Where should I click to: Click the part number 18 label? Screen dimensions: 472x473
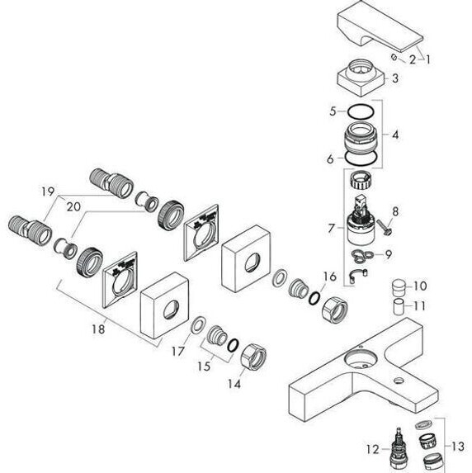click(99, 329)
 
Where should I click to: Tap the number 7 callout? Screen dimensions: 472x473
click(332, 228)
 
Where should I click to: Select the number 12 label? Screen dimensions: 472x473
click(373, 449)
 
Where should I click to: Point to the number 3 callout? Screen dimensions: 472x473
click(395, 78)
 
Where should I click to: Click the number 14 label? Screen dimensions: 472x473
click(234, 384)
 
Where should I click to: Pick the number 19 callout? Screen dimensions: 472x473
click(48, 192)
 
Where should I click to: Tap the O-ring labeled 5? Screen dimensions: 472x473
click(361, 112)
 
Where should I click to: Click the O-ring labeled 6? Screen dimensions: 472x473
click(361, 158)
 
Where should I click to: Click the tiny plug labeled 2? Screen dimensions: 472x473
click(394, 57)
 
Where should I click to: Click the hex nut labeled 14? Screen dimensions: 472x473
click(253, 357)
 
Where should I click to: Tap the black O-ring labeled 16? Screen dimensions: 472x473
click(314, 298)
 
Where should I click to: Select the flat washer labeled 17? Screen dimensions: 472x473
click(197, 326)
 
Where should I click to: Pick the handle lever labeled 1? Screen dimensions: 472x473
click(380, 27)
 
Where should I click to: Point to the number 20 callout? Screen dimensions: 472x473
click(73, 206)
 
